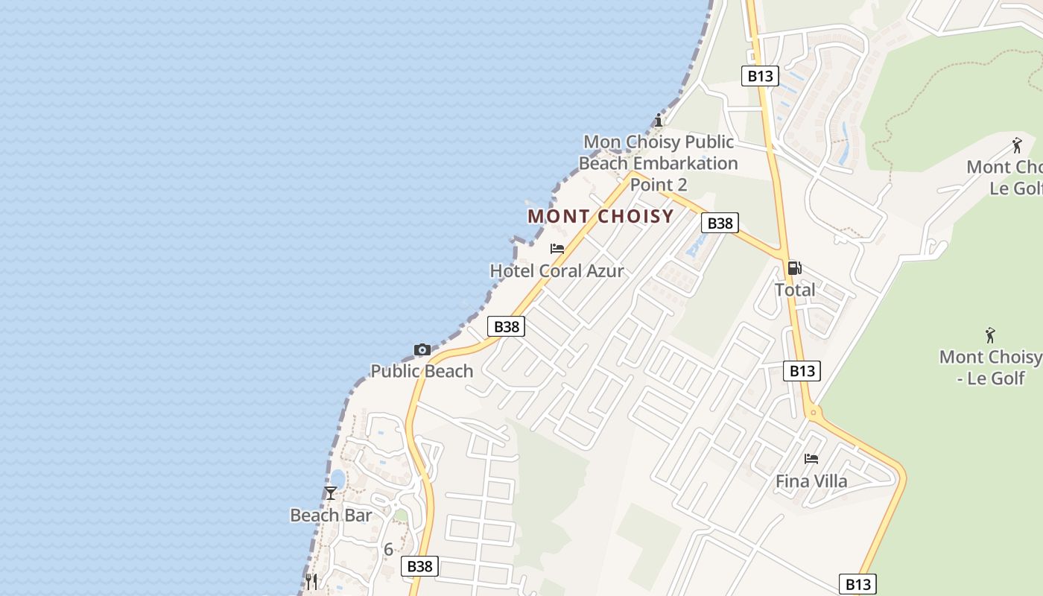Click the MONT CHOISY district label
600,217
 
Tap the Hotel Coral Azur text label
557,271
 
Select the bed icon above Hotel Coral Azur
557,249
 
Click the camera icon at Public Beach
422,349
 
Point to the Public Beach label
422,371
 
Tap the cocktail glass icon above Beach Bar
330,493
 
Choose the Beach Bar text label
330,516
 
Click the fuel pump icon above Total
794,268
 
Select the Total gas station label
795,290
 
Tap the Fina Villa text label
811,481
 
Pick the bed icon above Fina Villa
811,459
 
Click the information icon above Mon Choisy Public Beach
658,120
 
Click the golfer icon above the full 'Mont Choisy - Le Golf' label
990,335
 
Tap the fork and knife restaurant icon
311,581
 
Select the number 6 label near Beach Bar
388,550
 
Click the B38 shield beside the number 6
419,566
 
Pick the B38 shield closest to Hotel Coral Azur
507,326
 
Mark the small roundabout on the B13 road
814,412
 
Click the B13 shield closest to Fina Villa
802,371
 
